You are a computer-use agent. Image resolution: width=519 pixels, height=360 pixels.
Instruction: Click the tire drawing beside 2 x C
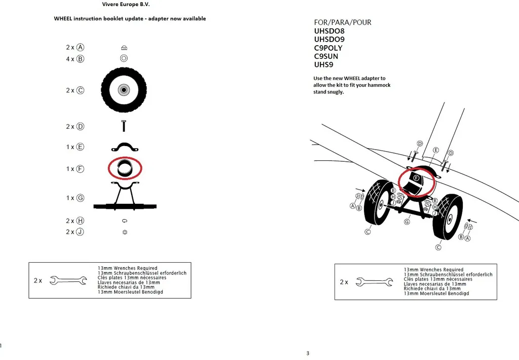coord(124,90)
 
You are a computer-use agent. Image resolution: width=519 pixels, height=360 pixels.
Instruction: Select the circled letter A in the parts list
coord(80,47)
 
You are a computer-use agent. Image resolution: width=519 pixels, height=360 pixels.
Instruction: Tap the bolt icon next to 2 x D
coord(124,126)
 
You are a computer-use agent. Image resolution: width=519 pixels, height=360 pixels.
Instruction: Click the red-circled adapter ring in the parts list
coord(125,168)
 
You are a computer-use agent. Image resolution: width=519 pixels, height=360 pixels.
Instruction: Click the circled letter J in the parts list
coord(80,232)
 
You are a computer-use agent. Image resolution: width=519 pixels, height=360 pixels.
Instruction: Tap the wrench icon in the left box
coord(68,280)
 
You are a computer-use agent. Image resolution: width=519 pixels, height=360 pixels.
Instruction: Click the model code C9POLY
coord(328,48)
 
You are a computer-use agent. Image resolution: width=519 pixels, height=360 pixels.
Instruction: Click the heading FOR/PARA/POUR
coord(343,22)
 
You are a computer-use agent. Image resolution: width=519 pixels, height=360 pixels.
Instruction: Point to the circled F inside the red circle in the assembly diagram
coord(416,178)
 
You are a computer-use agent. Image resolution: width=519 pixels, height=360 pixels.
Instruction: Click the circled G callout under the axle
coord(407,222)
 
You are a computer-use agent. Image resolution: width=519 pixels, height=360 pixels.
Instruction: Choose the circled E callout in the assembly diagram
coord(436,150)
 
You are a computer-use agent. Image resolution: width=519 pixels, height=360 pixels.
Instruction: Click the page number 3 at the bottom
coord(307,353)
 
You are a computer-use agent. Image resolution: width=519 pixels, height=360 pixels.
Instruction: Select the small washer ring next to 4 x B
coord(124,58)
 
